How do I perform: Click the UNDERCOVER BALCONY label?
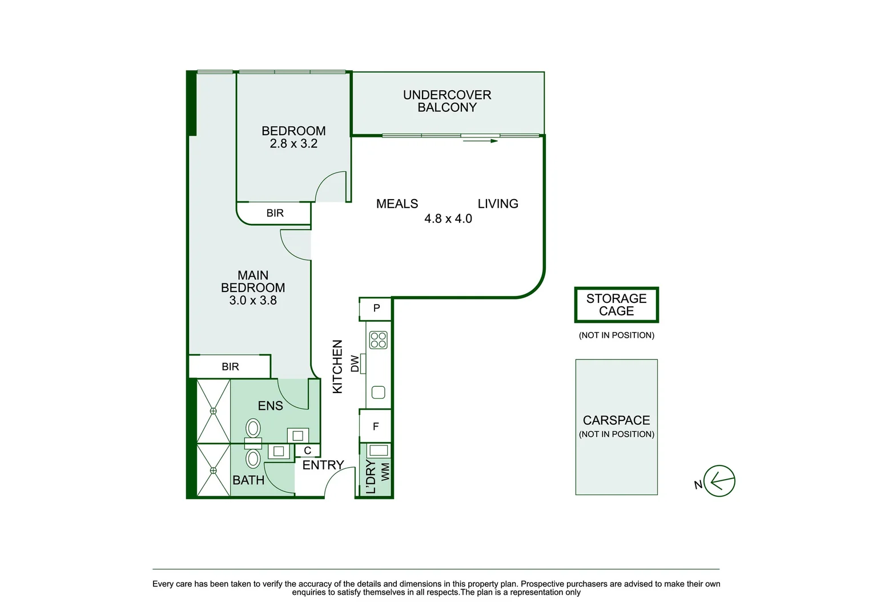[x=447, y=101]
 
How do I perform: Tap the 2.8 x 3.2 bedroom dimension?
[x=293, y=144]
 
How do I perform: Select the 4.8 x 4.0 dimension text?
[x=448, y=219]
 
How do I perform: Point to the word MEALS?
[x=397, y=204]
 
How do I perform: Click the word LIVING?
[x=498, y=204]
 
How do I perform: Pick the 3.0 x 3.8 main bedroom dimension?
[x=253, y=301]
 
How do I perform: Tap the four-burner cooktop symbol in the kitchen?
[x=379, y=340]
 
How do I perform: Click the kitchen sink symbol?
[x=378, y=392]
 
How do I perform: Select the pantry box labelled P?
[x=376, y=309]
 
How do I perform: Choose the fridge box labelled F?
[x=376, y=426]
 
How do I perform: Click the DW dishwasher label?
[x=355, y=363]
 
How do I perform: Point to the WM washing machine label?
[x=385, y=472]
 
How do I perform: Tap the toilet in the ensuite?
[x=253, y=428]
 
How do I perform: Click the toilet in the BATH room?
[x=253, y=458]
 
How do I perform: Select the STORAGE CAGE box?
[x=617, y=305]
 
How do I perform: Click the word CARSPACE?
[x=616, y=420]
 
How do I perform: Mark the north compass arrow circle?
[x=719, y=481]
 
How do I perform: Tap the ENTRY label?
[x=323, y=465]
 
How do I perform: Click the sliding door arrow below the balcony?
[x=480, y=140]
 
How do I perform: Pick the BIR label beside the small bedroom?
[x=275, y=213]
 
